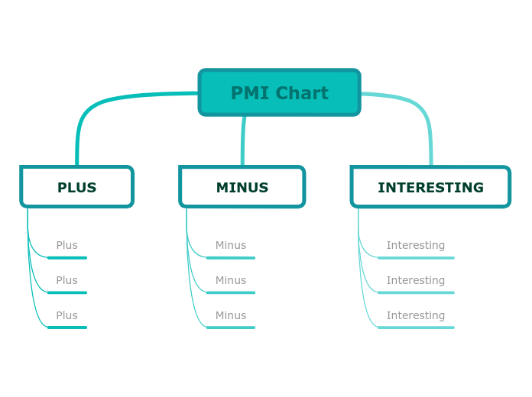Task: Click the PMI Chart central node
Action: click(x=279, y=92)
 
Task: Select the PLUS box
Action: click(x=76, y=187)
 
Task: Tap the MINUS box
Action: click(x=242, y=187)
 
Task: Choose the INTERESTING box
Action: click(x=430, y=187)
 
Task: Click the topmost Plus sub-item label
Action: click(x=66, y=245)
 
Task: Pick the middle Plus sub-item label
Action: click(x=66, y=280)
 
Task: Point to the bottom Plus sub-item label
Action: click(x=66, y=315)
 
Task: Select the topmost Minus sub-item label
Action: click(x=230, y=245)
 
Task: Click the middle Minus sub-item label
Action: click(x=230, y=280)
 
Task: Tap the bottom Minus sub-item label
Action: click(x=230, y=315)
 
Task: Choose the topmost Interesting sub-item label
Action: click(x=415, y=245)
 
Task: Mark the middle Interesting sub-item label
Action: click(x=415, y=280)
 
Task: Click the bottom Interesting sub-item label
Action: click(x=415, y=315)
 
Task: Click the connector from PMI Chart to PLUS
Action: click(x=99, y=104)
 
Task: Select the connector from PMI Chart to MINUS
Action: click(x=243, y=141)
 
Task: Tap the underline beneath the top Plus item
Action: click(x=67, y=258)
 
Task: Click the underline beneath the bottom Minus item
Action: click(x=231, y=328)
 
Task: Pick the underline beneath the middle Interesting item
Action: click(x=417, y=292)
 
